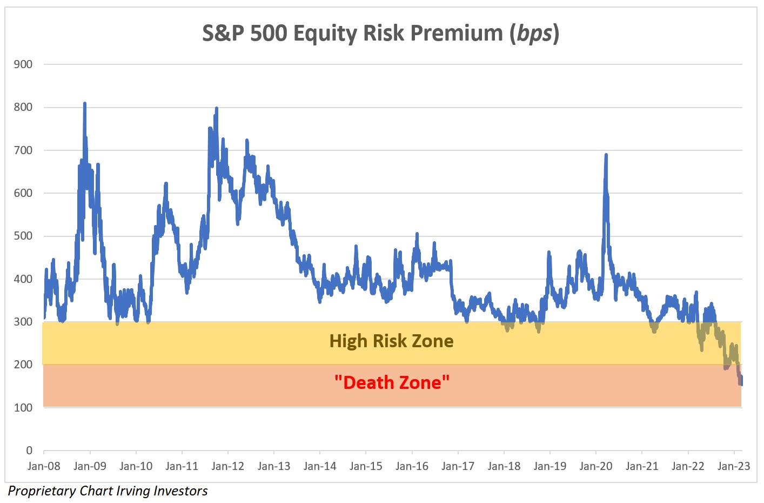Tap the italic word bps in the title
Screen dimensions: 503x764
click(534, 34)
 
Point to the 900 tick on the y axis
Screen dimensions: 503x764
click(23, 64)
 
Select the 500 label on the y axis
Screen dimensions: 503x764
click(23, 236)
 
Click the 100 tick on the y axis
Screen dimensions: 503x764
click(23, 408)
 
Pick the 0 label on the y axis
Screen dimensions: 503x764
click(29, 451)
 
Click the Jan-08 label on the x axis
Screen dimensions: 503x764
click(44, 466)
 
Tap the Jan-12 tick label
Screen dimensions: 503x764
click(227, 466)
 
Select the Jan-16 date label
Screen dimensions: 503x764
click(412, 466)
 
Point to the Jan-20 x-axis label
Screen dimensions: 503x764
click(595, 466)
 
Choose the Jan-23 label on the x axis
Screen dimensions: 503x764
click(733, 466)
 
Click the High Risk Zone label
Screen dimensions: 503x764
click(391, 341)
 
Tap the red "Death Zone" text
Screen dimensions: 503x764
click(392, 382)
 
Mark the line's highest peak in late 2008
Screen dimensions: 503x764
click(85, 103)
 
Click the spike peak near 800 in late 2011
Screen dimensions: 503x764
click(216, 109)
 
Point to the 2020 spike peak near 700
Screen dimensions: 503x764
click(606, 155)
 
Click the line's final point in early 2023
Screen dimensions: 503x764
click(741, 383)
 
